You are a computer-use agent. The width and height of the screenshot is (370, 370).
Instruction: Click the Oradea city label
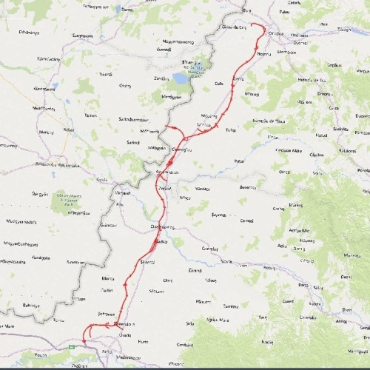[276, 33]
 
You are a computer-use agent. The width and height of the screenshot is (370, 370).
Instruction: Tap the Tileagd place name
[344, 30]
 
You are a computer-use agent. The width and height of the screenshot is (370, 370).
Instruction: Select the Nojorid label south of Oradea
[264, 54]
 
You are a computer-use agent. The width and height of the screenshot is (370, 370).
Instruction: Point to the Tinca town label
[230, 129]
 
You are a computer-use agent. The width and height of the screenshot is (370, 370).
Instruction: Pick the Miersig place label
[252, 94]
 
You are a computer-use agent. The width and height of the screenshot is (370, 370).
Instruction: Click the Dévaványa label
[28, 33]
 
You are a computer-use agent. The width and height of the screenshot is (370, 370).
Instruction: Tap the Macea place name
[108, 279]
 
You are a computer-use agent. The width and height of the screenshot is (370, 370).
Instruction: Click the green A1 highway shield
[72, 345]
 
